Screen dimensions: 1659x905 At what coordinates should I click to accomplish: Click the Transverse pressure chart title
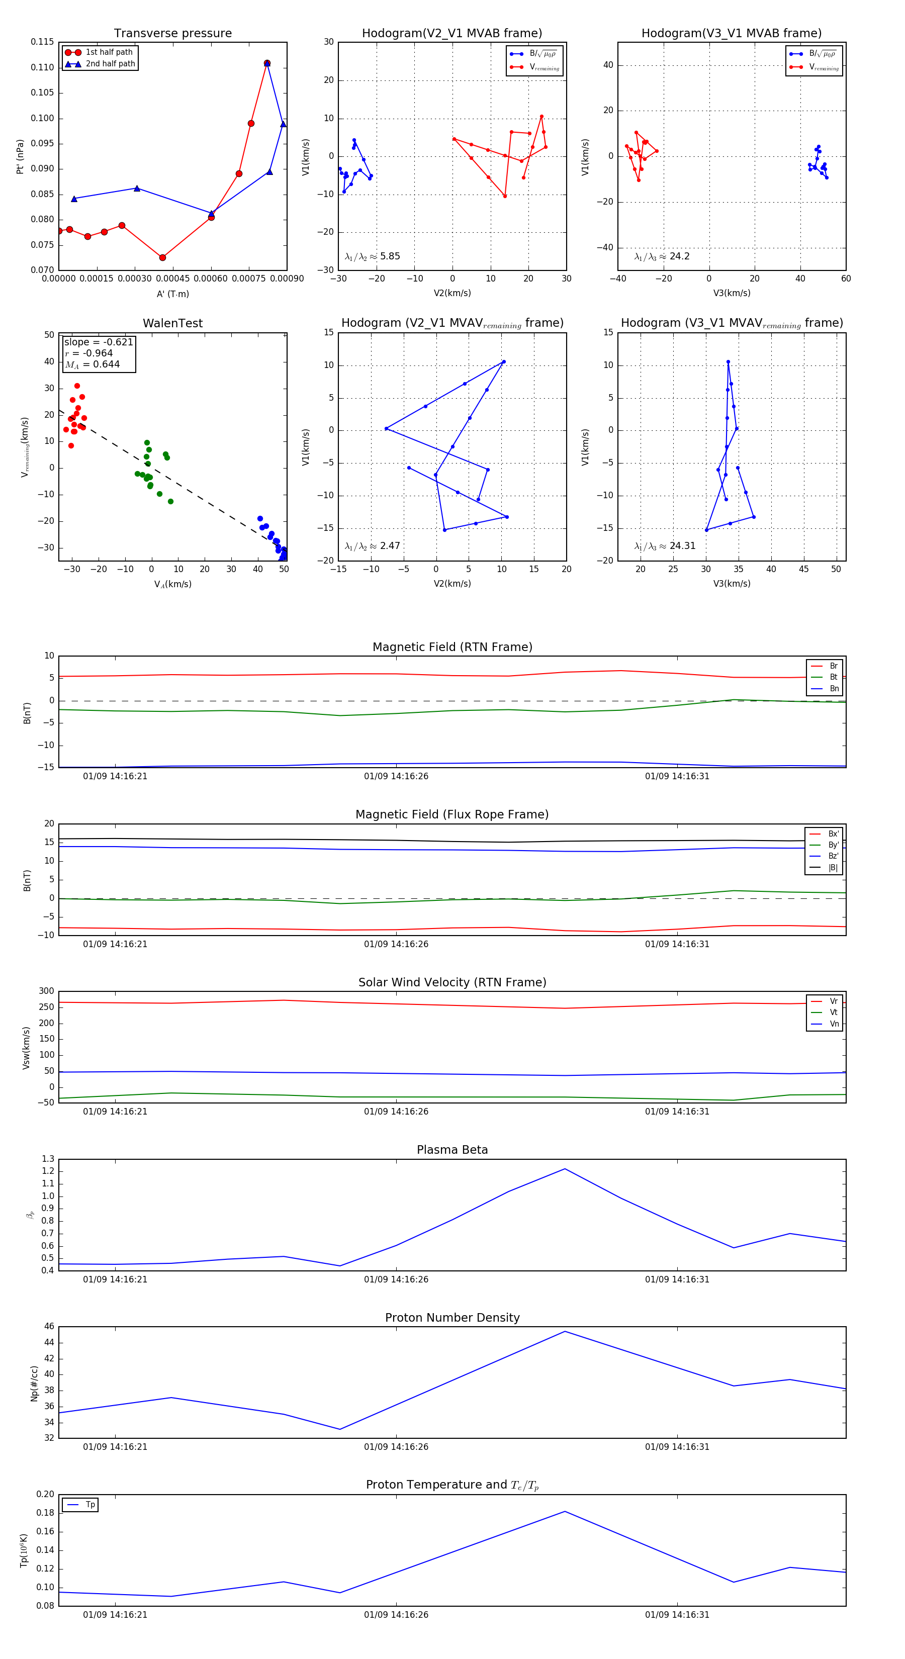[172, 34]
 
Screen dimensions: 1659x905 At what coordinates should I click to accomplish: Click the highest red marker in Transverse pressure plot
[266, 63]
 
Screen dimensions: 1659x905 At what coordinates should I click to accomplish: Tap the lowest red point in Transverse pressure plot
[162, 257]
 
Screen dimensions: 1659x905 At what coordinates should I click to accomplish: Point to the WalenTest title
[172, 323]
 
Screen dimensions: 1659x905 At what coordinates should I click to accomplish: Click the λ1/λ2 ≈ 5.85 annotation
[372, 256]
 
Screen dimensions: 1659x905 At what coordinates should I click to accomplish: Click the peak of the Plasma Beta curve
[565, 1169]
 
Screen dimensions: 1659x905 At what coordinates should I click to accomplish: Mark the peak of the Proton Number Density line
[565, 1331]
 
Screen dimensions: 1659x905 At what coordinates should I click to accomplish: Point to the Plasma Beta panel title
[452, 1150]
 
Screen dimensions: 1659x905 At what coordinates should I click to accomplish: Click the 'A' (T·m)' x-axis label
[172, 294]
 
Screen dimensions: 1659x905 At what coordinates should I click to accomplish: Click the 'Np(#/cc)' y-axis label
[34, 1384]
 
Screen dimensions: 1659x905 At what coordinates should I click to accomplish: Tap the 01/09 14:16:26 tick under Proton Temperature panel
[396, 1615]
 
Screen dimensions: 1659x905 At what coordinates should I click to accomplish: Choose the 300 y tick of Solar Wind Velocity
[46, 991]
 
